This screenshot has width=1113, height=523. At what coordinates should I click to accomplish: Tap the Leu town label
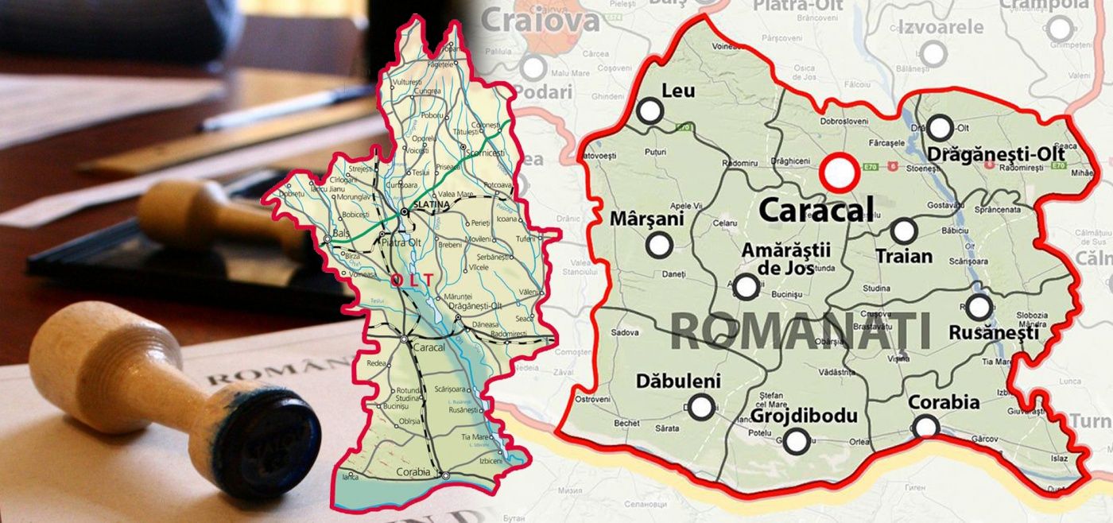pyautogui.click(x=678, y=91)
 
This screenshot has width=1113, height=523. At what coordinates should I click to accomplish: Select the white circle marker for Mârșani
pyautogui.click(x=659, y=246)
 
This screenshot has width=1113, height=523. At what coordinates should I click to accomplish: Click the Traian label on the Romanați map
pyautogui.click(x=903, y=256)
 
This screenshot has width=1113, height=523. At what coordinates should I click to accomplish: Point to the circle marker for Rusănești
pyautogui.click(x=979, y=307)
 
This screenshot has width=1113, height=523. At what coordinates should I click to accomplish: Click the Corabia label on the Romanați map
pyautogui.click(x=944, y=402)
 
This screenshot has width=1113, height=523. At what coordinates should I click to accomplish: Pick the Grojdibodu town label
pyautogui.click(x=793, y=416)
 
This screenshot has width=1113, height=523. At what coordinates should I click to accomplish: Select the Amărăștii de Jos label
pyautogui.click(x=785, y=259)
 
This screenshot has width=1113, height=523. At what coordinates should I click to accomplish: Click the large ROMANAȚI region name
pyautogui.click(x=801, y=331)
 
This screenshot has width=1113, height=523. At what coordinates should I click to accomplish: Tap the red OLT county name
pyautogui.click(x=412, y=280)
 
